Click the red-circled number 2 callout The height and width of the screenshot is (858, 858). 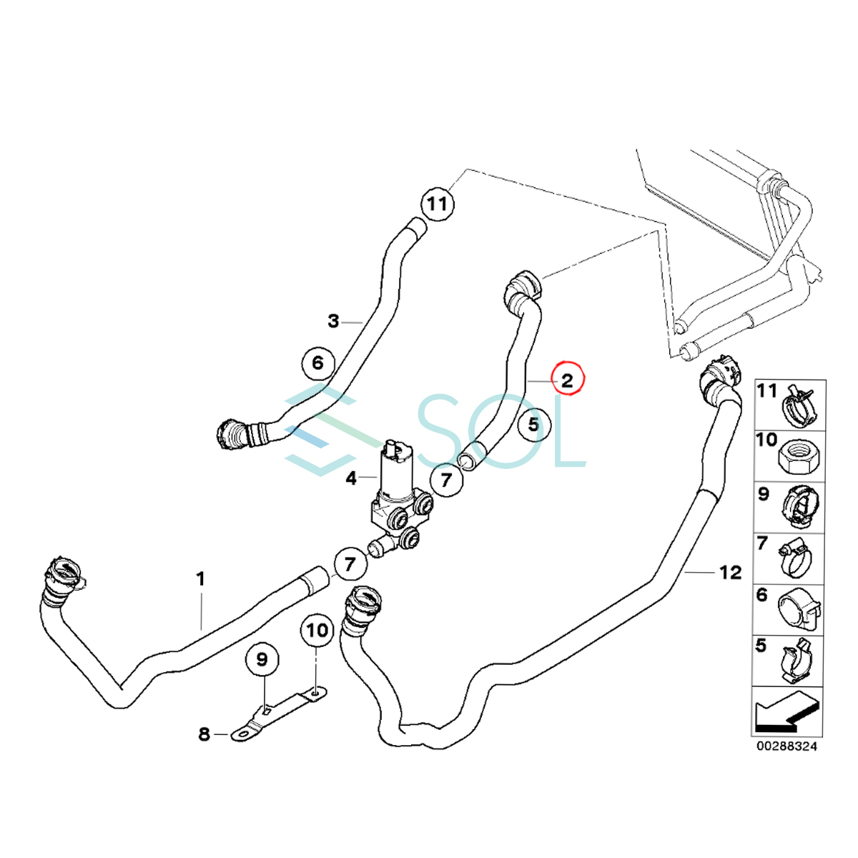point(567,380)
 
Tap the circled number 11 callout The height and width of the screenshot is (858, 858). point(437,204)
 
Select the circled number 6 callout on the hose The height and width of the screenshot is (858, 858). point(317,363)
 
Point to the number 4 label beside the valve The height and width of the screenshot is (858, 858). point(351,478)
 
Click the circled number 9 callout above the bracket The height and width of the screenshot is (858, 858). point(262,659)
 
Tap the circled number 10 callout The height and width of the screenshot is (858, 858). point(317,630)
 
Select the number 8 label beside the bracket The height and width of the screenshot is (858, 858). point(204,734)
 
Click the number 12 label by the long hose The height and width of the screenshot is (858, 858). point(731,572)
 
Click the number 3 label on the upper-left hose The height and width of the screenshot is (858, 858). point(333,322)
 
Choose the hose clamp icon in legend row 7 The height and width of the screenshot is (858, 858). point(799,558)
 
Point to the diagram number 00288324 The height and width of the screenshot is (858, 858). point(787,746)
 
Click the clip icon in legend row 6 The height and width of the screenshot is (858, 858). point(799,610)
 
